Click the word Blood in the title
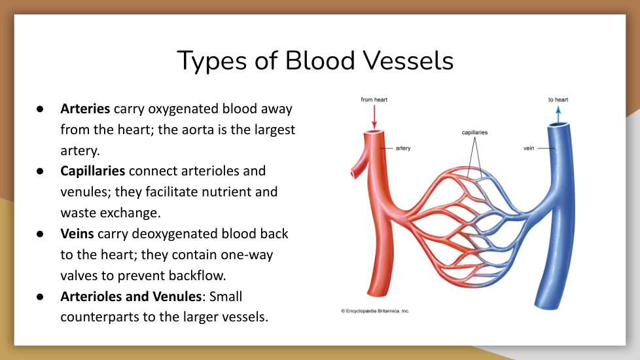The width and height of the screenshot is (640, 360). (319, 61)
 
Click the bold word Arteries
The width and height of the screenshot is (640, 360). (85, 109)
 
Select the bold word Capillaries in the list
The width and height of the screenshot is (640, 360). (93, 171)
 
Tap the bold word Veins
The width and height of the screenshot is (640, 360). (77, 234)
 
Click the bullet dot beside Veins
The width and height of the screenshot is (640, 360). (40, 234)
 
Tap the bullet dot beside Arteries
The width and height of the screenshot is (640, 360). (40, 109)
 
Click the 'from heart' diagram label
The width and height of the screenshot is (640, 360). (374, 99)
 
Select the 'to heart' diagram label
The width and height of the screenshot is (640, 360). (558, 99)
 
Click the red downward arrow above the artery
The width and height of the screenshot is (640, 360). (374, 117)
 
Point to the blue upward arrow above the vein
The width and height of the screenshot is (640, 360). (558, 115)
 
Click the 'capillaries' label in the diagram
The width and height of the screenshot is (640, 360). (474, 132)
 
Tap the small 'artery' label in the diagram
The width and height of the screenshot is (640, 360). (403, 148)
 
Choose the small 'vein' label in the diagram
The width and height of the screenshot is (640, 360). (529, 148)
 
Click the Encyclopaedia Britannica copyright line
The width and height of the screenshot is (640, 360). (375, 311)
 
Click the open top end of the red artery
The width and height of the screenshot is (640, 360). (374, 132)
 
